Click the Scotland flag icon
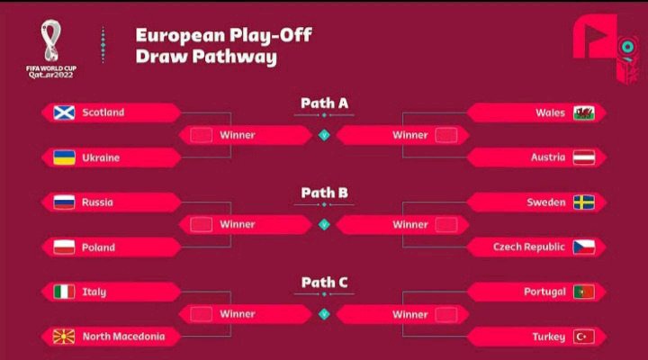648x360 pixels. click(x=64, y=112)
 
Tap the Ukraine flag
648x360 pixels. click(x=64, y=157)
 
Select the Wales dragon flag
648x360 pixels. click(x=584, y=112)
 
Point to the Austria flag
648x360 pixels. click(x=584, y=157)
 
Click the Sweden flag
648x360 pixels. click(x=584, y=202)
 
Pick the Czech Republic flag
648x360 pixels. click(x=584, y=247)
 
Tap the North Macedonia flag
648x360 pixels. click(x=64, y=337)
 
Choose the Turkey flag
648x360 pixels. click(x=584, y=337)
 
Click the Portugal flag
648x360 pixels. click(x=584, y=292)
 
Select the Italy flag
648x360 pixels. click(x=64, y=292)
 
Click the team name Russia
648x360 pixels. click(x=97, y=202)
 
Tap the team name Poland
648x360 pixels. click(x=98, y=247)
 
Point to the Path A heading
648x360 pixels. click(x=324, y=103)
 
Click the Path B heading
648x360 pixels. click(x=324, y=193)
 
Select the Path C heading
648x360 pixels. click(x=324, y=283)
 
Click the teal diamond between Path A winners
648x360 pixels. click(x=324, y=135)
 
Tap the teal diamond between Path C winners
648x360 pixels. click(x=324, y=314)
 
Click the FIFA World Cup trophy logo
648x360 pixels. click(x=51, y=40)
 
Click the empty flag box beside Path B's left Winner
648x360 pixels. click(x=202, y=225)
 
